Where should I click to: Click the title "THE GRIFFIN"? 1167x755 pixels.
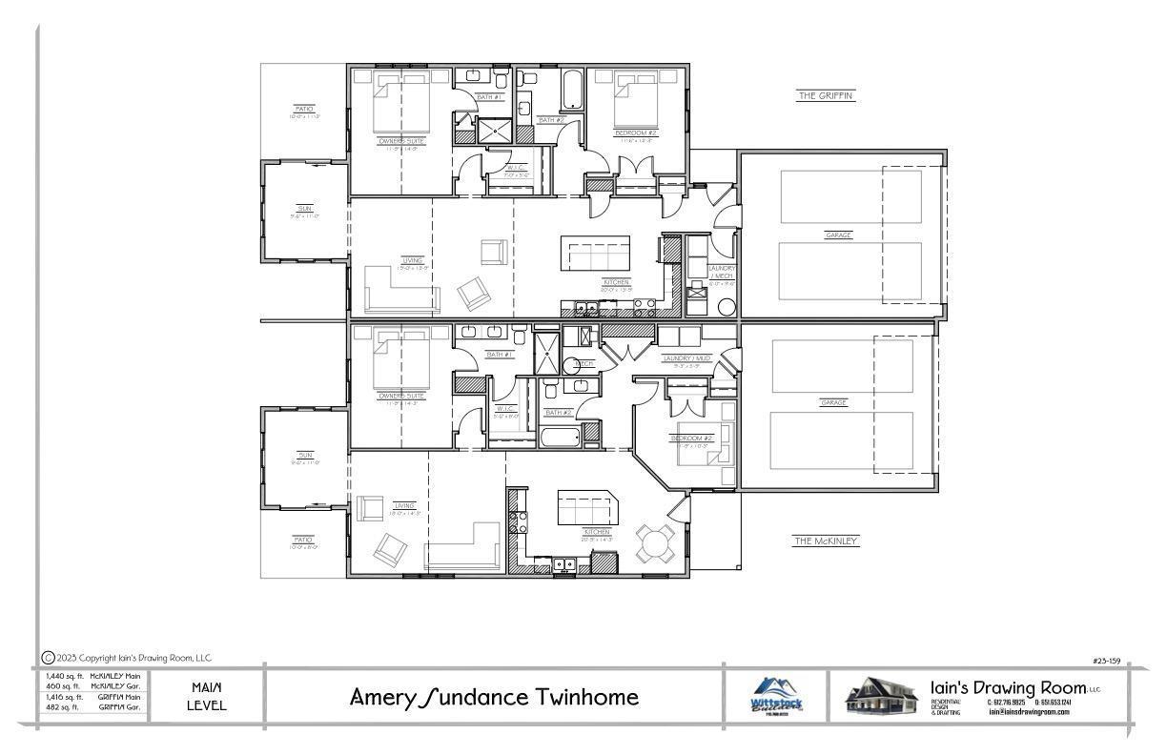coord(826,95)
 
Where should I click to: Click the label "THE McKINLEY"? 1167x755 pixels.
coord(826,541)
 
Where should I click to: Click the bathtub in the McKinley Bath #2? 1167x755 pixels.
coord(561,439)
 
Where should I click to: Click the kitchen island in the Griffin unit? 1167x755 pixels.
coord(595,254)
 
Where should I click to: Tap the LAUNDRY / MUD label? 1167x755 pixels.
coord(686,358)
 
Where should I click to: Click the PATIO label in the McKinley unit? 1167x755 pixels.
coord(303,541)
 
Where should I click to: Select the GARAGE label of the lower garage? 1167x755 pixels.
coord(833,403)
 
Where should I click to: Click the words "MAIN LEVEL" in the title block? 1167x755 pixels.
coord(207,696)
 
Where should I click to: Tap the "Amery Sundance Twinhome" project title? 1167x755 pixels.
coord(494,697)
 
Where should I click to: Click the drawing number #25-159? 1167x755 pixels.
coord(1106,660)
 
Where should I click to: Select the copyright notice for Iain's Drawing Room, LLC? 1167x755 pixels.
coord(127,658)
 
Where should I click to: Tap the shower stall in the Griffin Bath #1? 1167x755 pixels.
coord(494,132)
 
